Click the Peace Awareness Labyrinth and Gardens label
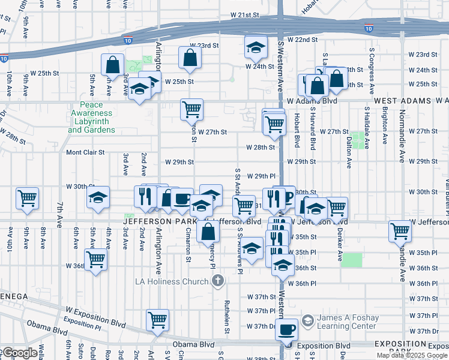coord(91,117)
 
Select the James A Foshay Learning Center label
coord(348,322)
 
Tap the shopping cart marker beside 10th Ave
coord(28,197)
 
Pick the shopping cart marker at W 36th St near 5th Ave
coord(95,260)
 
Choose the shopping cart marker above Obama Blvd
coord(157,319)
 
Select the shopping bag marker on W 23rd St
coord(190,58)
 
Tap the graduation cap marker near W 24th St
coord(256,47)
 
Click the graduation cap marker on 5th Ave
coord(98,197)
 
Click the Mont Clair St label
coord(85,152)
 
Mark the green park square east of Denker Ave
coord(353,260)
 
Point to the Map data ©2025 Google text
coord(411,355)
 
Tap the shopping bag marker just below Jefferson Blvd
coord(207,231)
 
